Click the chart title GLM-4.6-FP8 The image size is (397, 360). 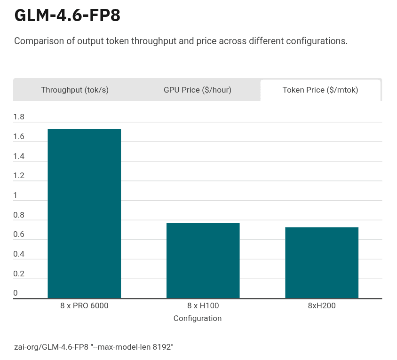(x=67, y=15)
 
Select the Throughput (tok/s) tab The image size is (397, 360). (x=75, y=90)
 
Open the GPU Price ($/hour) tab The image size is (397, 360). (x=198, y=90)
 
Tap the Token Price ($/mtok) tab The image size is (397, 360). (x=320, y=90)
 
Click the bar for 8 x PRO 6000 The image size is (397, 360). (x=84, y=214)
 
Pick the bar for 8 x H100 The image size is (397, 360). (x=203, y=261)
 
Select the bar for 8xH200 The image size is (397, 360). (x=322, y=263)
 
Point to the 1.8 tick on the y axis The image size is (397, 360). (x=19, y=117)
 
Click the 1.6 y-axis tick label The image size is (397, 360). (x=19, y=137)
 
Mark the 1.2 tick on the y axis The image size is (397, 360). (x=19, y=176)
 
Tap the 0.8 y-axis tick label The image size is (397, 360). (x=19, y=215)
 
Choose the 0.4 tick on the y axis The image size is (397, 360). (x=19, y=254)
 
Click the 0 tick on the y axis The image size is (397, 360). (x=16, y=293)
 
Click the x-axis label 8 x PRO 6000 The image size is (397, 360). (x=84, y=305)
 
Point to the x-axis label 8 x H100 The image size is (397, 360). (x=203, y=305)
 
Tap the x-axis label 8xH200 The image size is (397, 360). (x=322, y=305)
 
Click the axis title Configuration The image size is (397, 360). (x=198, y=318)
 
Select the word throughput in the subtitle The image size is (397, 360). (x=153, y=41)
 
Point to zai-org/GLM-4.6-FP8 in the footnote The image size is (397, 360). (x=51, y=347)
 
